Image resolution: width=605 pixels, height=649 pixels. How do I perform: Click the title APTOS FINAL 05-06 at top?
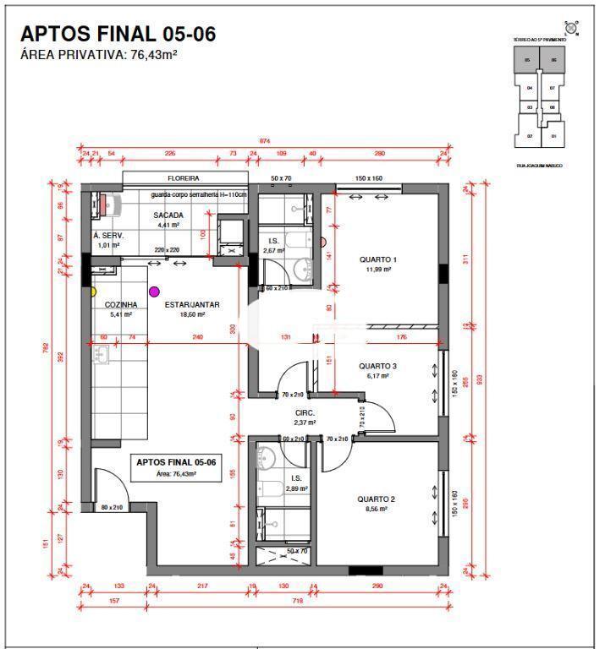click(x=118, y=34)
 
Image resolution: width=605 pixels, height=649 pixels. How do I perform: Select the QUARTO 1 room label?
click(x=377, y=259)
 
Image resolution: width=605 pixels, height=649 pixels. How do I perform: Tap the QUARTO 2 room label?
click(x=376, y=499)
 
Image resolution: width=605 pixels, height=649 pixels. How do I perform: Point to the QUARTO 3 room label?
click(x=377, y=366)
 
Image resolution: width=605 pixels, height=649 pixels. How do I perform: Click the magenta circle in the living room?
click(x=154, y=292)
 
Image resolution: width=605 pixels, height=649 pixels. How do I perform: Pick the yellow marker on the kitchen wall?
click(x=93, y=292)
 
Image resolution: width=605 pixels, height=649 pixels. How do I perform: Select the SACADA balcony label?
click(x=168, y=215)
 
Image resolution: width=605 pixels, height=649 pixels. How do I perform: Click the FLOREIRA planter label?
click(x=183, y=179)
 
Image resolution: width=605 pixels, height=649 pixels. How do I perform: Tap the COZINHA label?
click(x=120, y=305)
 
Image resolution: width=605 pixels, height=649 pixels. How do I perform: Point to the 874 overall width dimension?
click(x=264, y=140)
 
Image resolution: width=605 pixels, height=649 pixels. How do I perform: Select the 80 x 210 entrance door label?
click(x=111, y=508)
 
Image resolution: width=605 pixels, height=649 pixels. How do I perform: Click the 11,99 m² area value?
click(x=377, y=270)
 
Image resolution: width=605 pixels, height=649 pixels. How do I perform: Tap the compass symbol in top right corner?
click(x=573, y=29)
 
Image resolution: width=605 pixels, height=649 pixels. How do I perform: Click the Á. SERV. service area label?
click(x=107, y=236)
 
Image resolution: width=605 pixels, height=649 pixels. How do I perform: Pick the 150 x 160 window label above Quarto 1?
click(x=369, y=179)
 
